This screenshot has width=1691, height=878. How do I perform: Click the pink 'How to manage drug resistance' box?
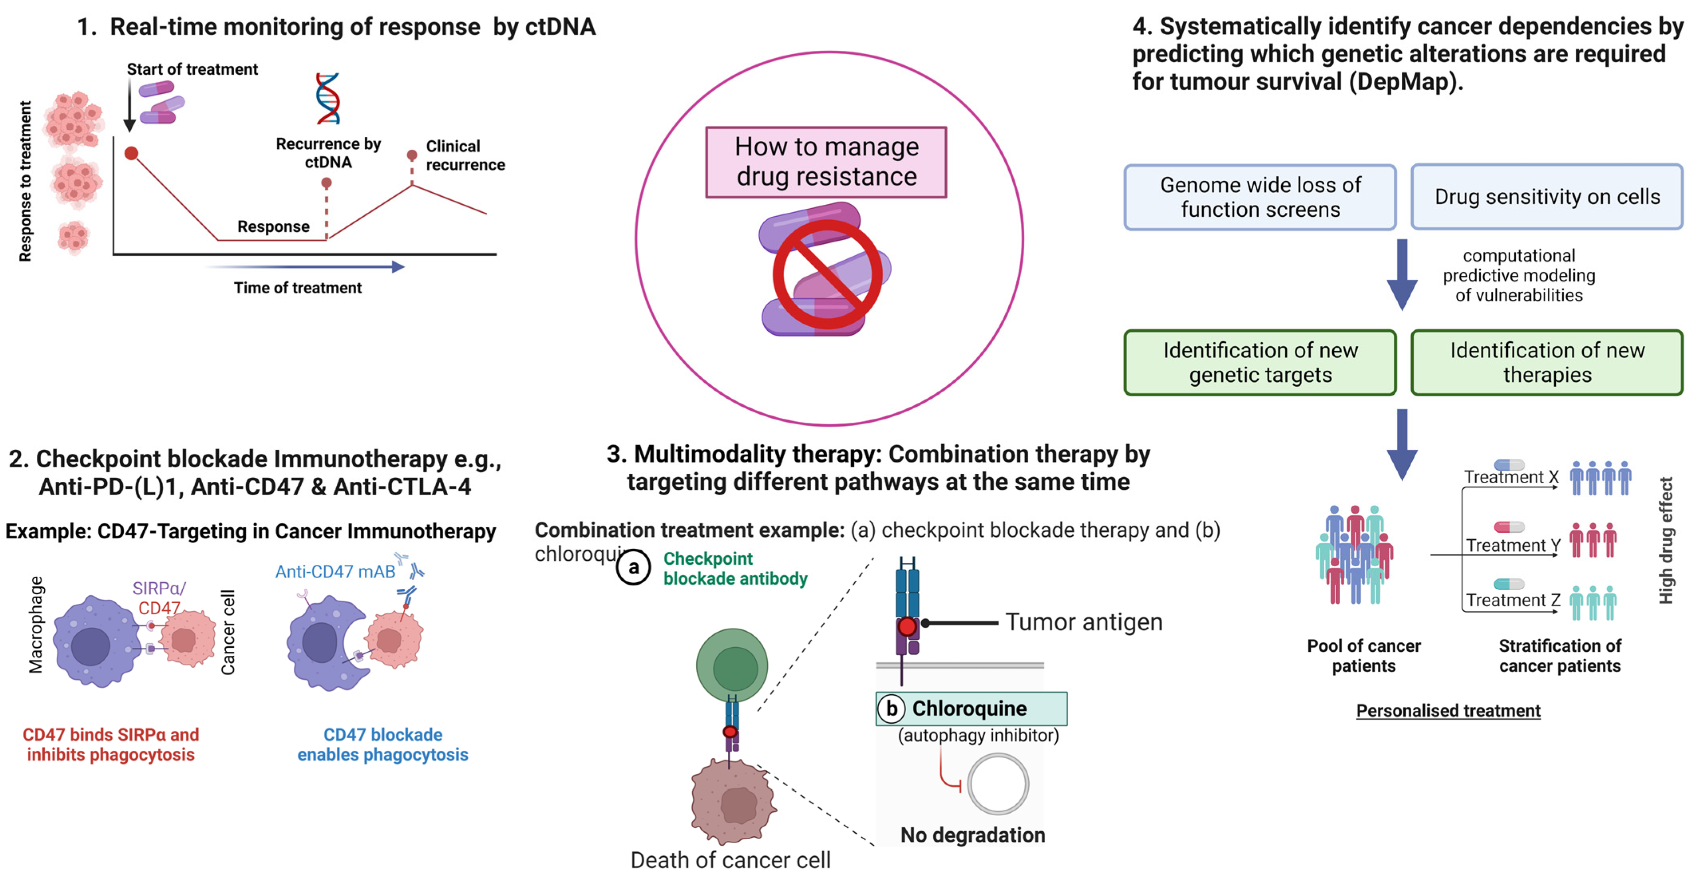coord(826,162)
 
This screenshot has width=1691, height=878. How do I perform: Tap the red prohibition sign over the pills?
coord(827,275)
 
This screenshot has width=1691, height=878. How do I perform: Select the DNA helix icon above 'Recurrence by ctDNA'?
coord(328,99)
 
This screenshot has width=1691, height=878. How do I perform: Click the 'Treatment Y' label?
coord(1513,545)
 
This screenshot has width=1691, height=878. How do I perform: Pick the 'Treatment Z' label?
coord(1513,600)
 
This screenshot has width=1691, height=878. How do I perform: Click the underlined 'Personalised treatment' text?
coord(1448,710)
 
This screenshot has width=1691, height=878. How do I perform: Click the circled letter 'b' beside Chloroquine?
coord(891,708)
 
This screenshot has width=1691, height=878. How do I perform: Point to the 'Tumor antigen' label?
coord(1084,621)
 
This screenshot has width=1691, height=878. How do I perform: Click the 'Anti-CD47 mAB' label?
coord(336,571)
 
